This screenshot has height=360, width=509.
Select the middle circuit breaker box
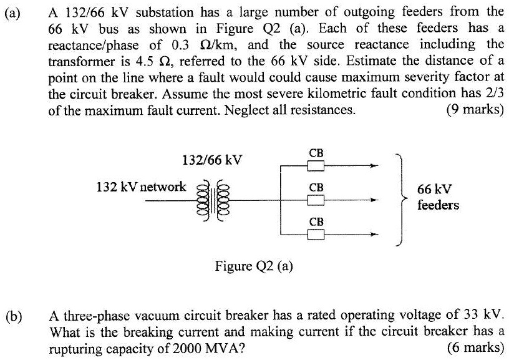(x=316, y=200)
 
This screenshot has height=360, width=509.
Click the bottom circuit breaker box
(x=316, y=235)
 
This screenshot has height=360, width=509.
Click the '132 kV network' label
(x=140, y=186)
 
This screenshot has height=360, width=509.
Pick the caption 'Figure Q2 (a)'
(x=254, y=266)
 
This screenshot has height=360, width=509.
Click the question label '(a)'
(x=14, y=12)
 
